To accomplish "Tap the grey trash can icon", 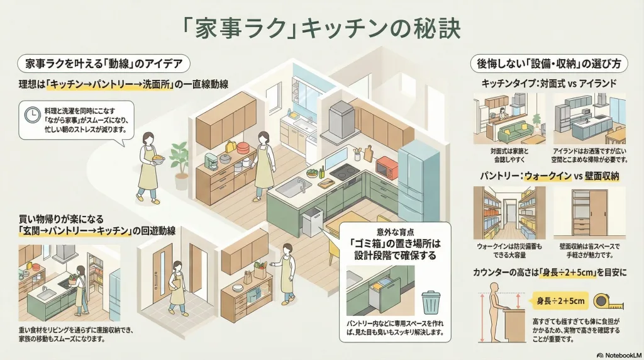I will (431, 301).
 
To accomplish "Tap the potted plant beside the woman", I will (179, 160).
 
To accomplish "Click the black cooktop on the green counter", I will (344, 172).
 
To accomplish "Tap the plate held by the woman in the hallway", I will (157, 159).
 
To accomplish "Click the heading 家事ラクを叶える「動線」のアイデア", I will (103, 64).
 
